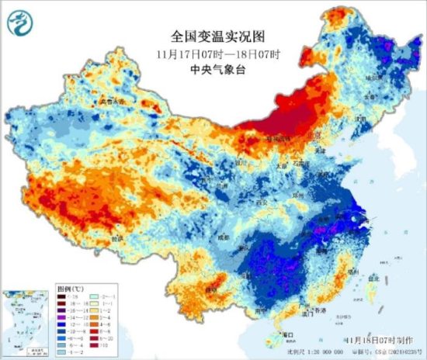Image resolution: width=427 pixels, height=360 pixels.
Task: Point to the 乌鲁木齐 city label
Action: point(110,102)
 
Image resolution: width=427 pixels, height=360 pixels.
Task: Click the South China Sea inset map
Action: point(24,321)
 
